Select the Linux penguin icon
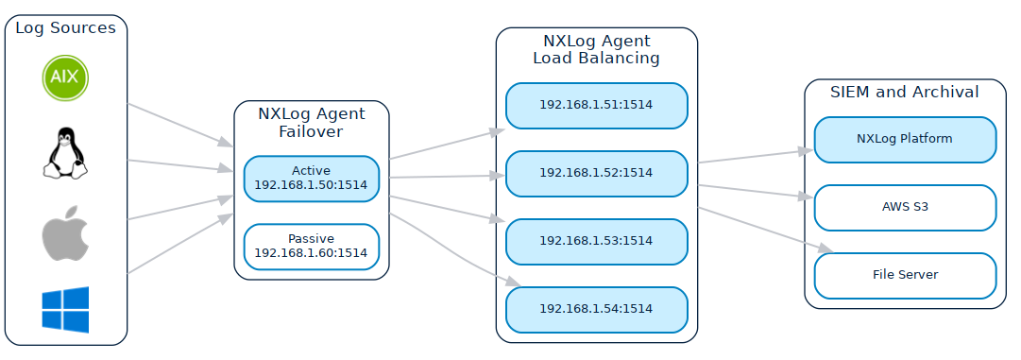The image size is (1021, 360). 65,153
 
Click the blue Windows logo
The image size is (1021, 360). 65,310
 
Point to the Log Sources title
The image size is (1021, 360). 65,28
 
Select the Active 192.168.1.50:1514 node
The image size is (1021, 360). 311,179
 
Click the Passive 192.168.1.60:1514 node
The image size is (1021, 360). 311,246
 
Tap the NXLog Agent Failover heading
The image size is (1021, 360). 311,123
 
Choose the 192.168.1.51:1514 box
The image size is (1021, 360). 596,105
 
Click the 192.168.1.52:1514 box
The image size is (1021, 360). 596,173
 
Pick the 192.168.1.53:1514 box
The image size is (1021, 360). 596,241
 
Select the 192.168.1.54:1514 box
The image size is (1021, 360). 596,309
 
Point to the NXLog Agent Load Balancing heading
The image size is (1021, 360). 596,49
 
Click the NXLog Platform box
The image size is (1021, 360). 905,139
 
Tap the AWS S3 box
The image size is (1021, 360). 905,207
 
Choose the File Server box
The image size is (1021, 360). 905,275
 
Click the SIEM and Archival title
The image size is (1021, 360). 905,93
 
